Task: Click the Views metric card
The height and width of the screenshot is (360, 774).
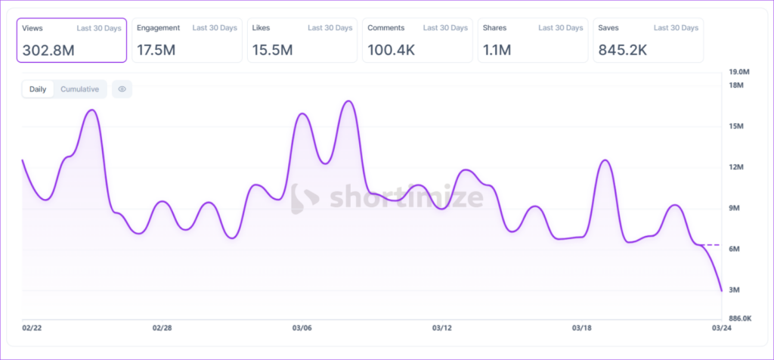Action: point(71,39)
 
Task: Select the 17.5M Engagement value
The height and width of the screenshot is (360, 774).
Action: point(156,51)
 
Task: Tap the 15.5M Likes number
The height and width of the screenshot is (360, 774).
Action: point(272,51)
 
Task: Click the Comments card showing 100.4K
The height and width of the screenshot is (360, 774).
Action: point(417,39)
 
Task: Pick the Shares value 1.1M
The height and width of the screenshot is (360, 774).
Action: point(497,51)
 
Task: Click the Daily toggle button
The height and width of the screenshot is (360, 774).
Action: point(38,89)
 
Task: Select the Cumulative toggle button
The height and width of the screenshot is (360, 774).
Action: point(79,89)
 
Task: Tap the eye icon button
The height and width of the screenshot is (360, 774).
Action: point(122,89)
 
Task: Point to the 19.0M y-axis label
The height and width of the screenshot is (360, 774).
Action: point(738,72)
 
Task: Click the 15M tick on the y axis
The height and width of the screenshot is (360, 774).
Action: point(735,126)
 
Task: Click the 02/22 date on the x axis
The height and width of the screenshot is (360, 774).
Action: point(32,328)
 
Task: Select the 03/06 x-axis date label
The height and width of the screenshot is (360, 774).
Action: point(302,328)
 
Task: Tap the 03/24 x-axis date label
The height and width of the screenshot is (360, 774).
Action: point(723,328)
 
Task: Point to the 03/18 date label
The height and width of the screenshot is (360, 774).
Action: point(582,328)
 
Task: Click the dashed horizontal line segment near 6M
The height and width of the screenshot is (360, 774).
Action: point(713,245)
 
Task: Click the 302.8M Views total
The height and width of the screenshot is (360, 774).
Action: point(48,51)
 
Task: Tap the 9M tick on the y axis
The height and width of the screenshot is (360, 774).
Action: point(734,208)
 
